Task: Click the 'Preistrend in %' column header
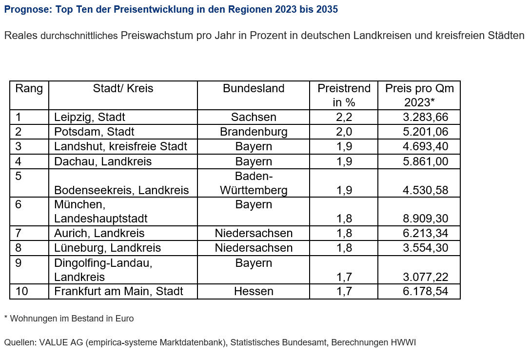(x=344, y=95)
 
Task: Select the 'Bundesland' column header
(x=254, y=88)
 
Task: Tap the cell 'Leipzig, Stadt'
(x=90, y=117)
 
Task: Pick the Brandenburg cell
(x=254, y=132)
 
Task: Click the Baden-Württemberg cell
(x=254, y=183)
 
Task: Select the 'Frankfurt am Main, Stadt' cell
(x=118, y=291)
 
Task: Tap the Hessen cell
(x=254, y=291)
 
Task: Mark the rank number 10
(x=21, y=291)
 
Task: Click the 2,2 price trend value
(x=344, y=117)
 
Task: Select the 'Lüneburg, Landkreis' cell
(x=107, y=248)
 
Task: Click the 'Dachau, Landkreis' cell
(x=103, y=161)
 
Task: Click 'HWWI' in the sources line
(x=403, y=342)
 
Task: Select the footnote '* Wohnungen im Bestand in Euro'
(x=68, y=319)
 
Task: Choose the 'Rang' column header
(x=29, y=88)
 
